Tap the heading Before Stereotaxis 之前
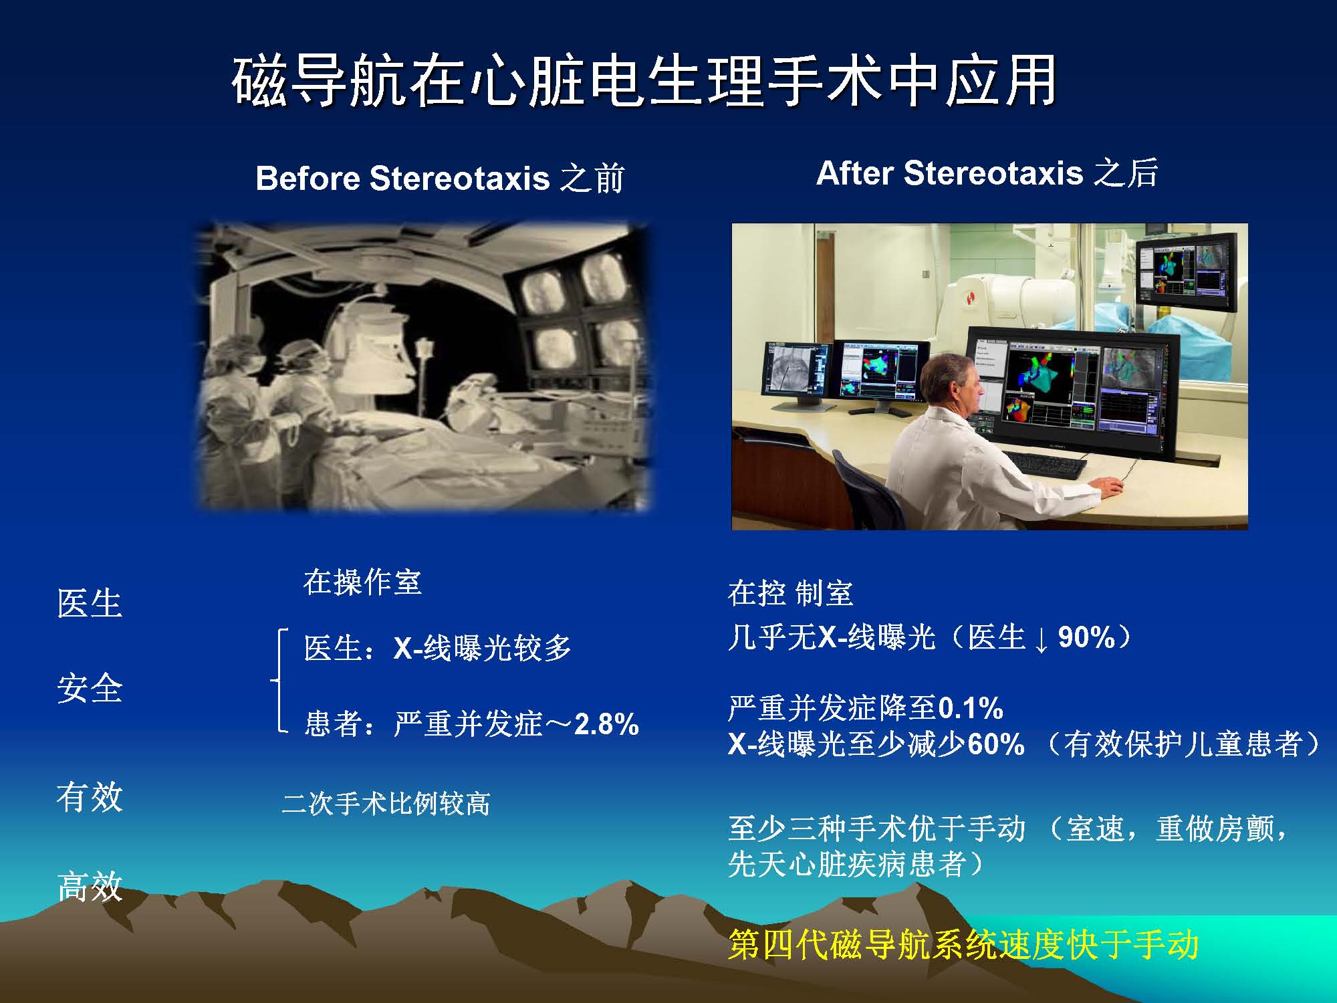[439, 179]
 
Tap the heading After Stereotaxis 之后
[987, 173]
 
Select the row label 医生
[90, 603]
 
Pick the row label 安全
[90, 688]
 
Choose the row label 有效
[90, 796]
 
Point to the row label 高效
[90, 886]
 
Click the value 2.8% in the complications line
[606, 724]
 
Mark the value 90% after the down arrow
[1087, 637]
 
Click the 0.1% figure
[971, 708]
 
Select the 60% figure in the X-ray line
[995, 744]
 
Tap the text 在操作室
[362, 582]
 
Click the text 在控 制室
[790, 593]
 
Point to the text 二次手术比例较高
[386, 803]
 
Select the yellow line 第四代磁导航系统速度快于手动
[963, 945]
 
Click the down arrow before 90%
[1041, 639]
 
